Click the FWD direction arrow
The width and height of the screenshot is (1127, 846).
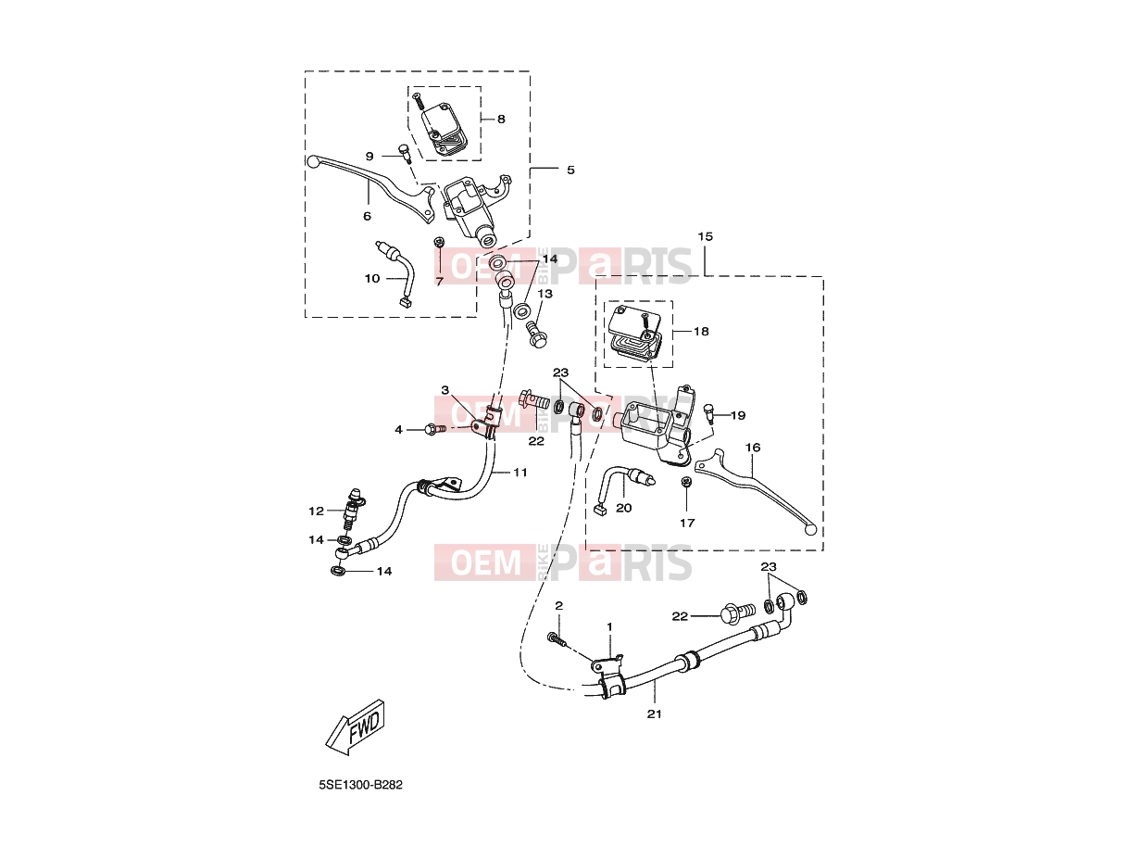point(356,726)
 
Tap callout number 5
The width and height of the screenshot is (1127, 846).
point(571,170)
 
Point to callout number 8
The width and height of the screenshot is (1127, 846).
point(501,120)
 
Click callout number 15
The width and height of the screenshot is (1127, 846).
point(706,236)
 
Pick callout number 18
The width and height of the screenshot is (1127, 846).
point(701,332)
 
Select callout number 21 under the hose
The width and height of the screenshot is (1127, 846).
point(654,714)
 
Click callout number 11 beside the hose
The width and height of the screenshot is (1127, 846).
point(520,472)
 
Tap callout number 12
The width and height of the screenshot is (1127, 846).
point(317,511)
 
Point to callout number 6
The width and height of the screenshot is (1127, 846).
point(367,216)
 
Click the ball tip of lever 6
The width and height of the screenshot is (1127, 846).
point(313,162)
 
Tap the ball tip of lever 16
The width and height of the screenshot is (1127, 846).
point(811,530)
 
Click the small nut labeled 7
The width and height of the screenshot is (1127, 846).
point(438,242)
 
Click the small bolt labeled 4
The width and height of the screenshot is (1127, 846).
point(432,428)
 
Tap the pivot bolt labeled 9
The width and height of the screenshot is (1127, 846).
point(405,153)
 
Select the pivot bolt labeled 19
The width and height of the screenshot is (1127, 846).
point(709,412)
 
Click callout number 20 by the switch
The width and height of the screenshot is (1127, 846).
point(624,508)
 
